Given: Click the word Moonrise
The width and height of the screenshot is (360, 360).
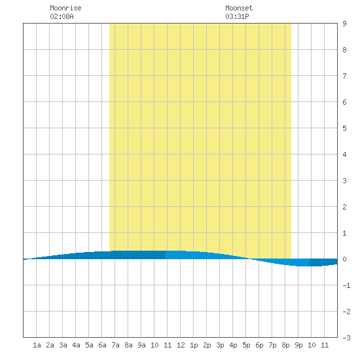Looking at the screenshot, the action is point(65,9).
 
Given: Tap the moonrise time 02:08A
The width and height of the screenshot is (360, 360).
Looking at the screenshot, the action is point(62,16).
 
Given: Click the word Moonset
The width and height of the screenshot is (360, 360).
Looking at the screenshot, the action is point(239,9).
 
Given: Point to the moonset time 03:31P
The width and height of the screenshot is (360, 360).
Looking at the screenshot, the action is point(237,16).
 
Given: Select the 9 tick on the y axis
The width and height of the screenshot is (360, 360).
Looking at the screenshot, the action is point(344,24).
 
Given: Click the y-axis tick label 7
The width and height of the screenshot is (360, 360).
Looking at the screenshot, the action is point(344,76).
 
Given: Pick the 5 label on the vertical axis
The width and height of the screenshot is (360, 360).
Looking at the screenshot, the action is point(344,128).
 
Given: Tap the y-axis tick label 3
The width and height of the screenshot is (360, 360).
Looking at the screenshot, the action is point(344,181).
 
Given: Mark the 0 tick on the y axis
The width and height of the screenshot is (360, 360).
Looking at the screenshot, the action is point(344,259).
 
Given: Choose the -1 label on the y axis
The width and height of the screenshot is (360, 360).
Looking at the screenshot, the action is point(346,285).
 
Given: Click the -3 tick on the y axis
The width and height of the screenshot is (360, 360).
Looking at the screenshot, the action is point(346,338).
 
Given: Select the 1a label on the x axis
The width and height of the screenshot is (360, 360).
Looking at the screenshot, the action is point(37,345).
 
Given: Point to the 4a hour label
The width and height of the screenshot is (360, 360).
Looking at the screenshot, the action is point(76,345).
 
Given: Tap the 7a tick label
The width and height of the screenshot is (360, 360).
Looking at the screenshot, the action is point(115,345).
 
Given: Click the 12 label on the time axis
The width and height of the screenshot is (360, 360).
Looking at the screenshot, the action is point(181,345).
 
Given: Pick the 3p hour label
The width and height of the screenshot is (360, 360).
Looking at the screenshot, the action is point(220,345).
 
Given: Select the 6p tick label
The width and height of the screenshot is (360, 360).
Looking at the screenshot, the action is point(259,345).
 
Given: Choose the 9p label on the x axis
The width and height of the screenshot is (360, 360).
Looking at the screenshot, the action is point(298,345).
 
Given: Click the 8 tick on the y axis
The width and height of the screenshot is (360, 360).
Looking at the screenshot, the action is point(344,50).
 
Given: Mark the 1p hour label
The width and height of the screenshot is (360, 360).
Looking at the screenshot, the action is point(194,345).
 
